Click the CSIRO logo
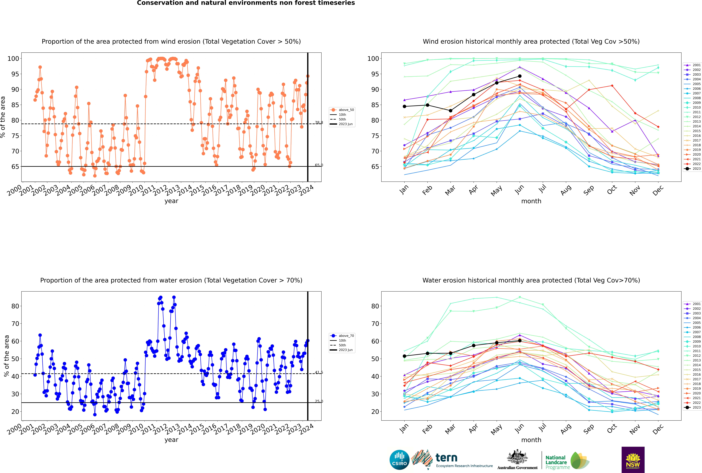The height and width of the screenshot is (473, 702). [x=399, y=460]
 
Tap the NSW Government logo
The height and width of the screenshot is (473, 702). [x=633, y=459]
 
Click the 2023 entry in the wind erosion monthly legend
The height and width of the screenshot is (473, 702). [x=693, y=169]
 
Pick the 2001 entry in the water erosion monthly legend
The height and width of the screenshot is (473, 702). [x=693, y=304]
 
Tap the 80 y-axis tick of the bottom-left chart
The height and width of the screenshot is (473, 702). [x=15, y=306]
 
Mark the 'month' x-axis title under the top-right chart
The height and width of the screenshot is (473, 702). [x=531, y=201]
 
